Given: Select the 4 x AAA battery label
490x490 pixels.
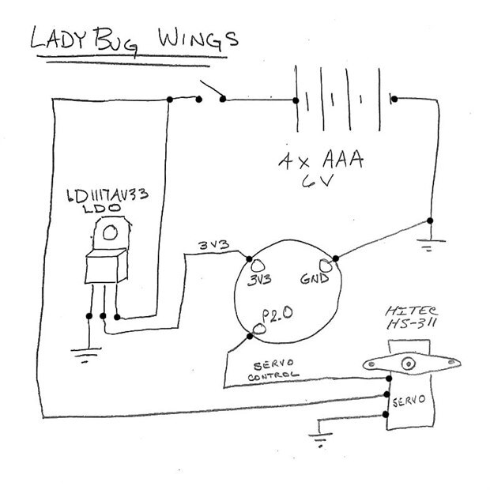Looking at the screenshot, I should [320, 161].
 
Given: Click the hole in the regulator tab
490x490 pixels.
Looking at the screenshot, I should [109, 232].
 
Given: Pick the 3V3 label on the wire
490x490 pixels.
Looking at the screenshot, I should [213, 246].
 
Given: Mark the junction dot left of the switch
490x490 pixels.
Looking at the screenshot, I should [171, 99].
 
